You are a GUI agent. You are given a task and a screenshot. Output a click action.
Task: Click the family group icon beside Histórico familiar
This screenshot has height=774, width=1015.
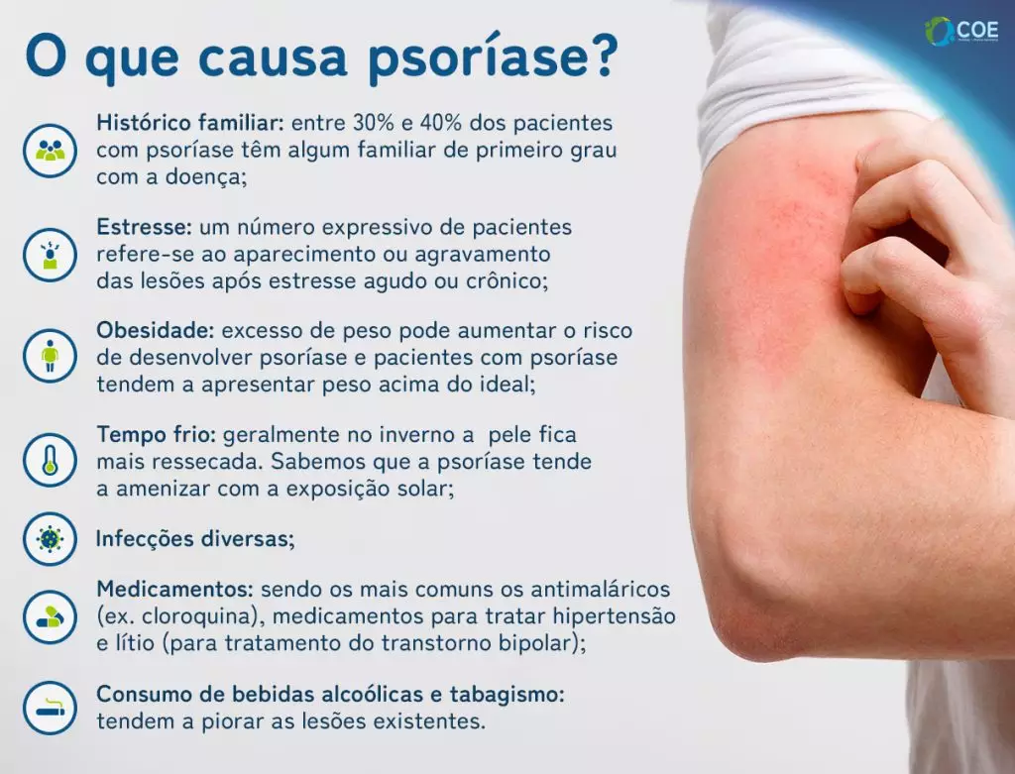tap(50, 151)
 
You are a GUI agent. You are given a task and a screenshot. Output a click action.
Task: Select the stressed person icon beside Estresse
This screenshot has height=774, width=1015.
tap(50, 255)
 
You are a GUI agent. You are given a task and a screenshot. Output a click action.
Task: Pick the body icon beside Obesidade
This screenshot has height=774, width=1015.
tap(50, 356)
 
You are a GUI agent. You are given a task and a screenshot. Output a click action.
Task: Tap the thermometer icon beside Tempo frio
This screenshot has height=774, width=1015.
tap(50, 459)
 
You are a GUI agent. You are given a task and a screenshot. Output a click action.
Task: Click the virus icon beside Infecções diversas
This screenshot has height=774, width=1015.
tap(50, 538)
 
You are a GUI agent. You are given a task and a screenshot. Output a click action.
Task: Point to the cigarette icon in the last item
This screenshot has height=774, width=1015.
tap(50, 708)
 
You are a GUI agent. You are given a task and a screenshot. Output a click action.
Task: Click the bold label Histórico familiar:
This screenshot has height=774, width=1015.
tap(190, 124)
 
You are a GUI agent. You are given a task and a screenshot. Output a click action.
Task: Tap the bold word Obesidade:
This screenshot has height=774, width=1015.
tap(156, 330)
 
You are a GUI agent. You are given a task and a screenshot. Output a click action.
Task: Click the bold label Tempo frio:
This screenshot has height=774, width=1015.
tap(157, 434)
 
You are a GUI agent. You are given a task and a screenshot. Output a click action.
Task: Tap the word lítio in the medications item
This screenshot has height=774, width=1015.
tap(135, 642)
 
